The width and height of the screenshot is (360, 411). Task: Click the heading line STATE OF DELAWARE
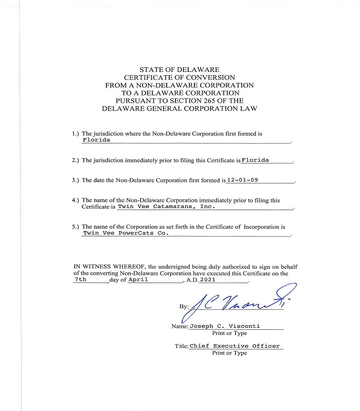(x=179, y=69)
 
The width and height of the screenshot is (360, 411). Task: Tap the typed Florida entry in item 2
(x=256, y=160)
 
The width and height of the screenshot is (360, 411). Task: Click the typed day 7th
(x=81, y=279)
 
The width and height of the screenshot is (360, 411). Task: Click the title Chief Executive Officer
(x=235, y=346)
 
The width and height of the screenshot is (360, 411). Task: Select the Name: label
(x=179, y=326)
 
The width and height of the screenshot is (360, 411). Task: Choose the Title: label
(x=181, y=346)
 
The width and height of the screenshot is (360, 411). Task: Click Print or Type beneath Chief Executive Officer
(x=229, y=353)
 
